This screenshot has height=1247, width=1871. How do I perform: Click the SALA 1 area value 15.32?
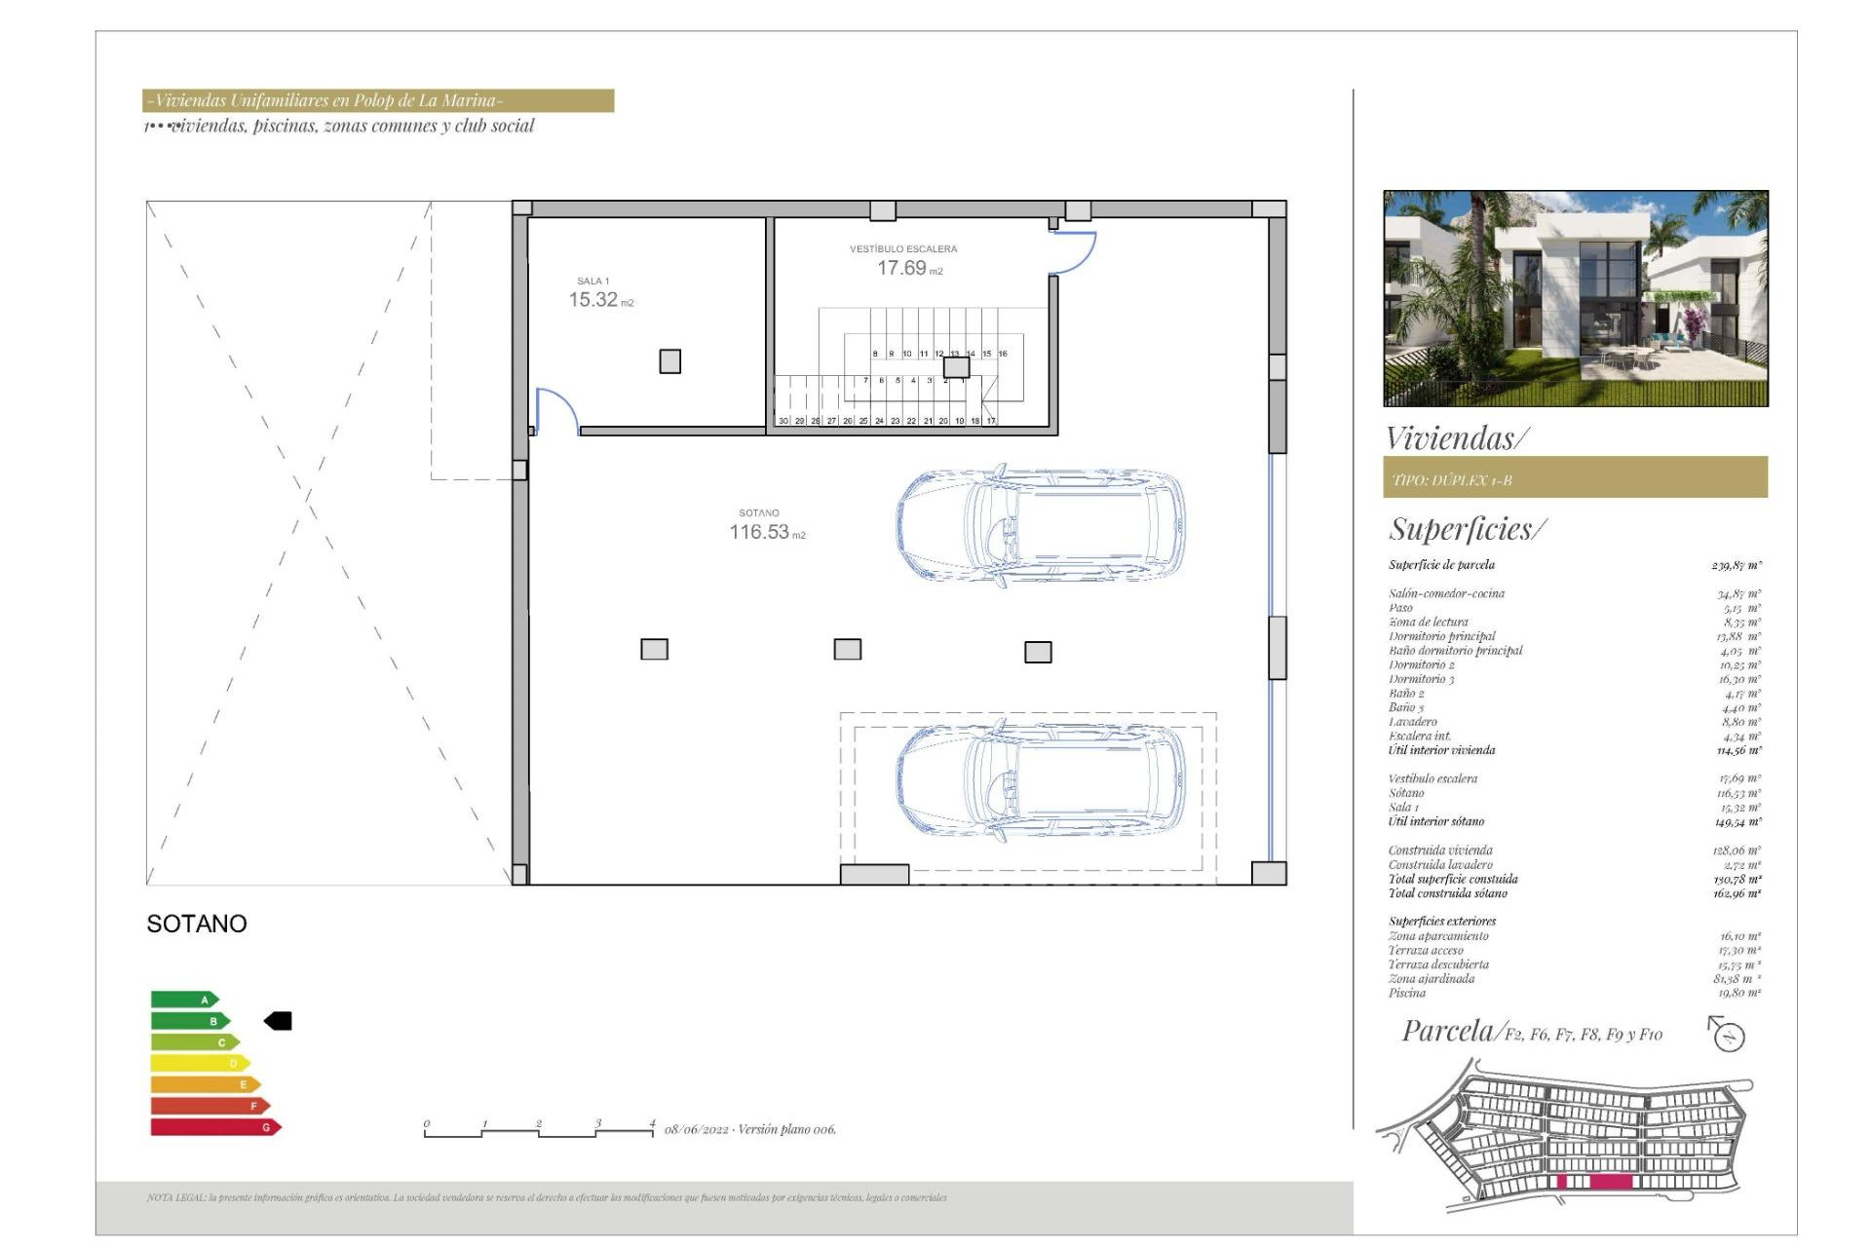pos(593,300)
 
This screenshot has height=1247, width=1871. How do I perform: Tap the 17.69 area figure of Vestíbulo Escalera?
pos(901,268)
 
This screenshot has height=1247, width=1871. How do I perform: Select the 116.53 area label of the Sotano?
pos(759,532)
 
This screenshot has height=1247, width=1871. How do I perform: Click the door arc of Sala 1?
pos(556,407)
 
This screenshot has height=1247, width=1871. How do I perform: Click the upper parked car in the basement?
pos(1041,526)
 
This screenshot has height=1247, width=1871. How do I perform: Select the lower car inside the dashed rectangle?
pos(1041,784)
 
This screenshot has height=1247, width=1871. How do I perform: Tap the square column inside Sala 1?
pos(670,361)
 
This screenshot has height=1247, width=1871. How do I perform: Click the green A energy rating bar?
pos(184,1000)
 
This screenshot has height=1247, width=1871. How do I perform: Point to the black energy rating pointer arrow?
pos(278,1021)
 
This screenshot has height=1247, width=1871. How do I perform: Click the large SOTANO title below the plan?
pos(197,924)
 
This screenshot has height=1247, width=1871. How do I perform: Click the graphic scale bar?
pos(539,1130)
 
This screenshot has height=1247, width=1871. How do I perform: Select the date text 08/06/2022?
pos(697,1130)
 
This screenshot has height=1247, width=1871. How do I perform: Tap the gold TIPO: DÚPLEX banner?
pos(1575,478)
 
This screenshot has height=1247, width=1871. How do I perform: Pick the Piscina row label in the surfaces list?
pos(1407,993)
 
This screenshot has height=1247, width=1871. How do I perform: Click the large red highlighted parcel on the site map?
pos(1611,1182)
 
